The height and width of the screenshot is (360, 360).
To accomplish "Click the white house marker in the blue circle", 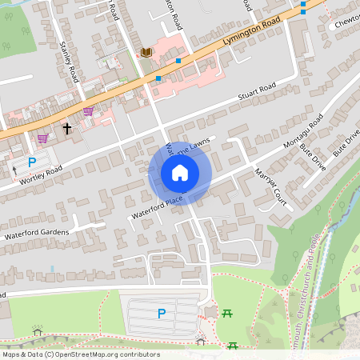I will pyautogui.click(x=180, y=173).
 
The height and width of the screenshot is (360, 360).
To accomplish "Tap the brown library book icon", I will pyautogui.click(x=146, y=53).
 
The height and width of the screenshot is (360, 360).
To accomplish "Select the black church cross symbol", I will pyautogui.click(x=67, y=127).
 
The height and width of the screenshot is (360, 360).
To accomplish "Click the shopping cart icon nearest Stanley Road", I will pyautogui.click(x=88, y=112).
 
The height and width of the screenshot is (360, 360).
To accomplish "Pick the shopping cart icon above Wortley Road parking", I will pyautogui.click(x=42, y=138).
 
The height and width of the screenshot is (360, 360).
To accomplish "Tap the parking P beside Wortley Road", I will pyautogui.click(x=33, y=162).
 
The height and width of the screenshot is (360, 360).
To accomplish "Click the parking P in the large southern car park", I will pyautogui.click(x=162, y=314).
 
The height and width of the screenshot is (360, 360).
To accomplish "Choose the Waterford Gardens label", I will pyautogui.click(x=37, y=234).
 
